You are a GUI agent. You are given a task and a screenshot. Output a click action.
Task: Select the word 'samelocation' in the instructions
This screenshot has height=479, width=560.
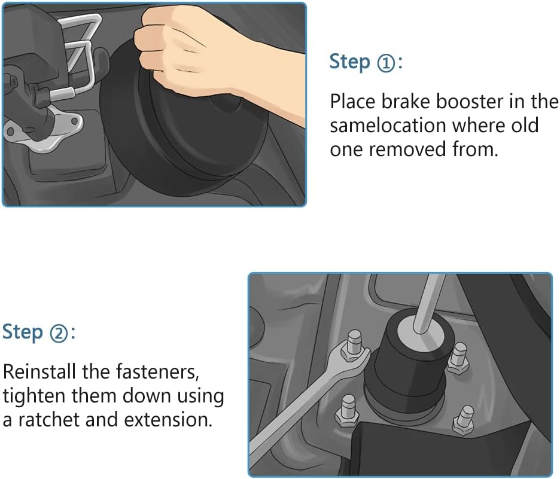click(388, 126)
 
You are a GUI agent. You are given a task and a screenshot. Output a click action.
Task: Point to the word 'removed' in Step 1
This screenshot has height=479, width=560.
click(407, 149)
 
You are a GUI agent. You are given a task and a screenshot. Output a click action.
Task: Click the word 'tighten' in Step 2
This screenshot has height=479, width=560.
click(34, 396)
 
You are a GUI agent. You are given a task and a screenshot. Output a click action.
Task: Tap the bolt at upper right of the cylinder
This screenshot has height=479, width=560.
click(458, 358)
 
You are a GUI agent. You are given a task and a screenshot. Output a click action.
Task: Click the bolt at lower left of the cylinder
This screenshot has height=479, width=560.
click(347, 410)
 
